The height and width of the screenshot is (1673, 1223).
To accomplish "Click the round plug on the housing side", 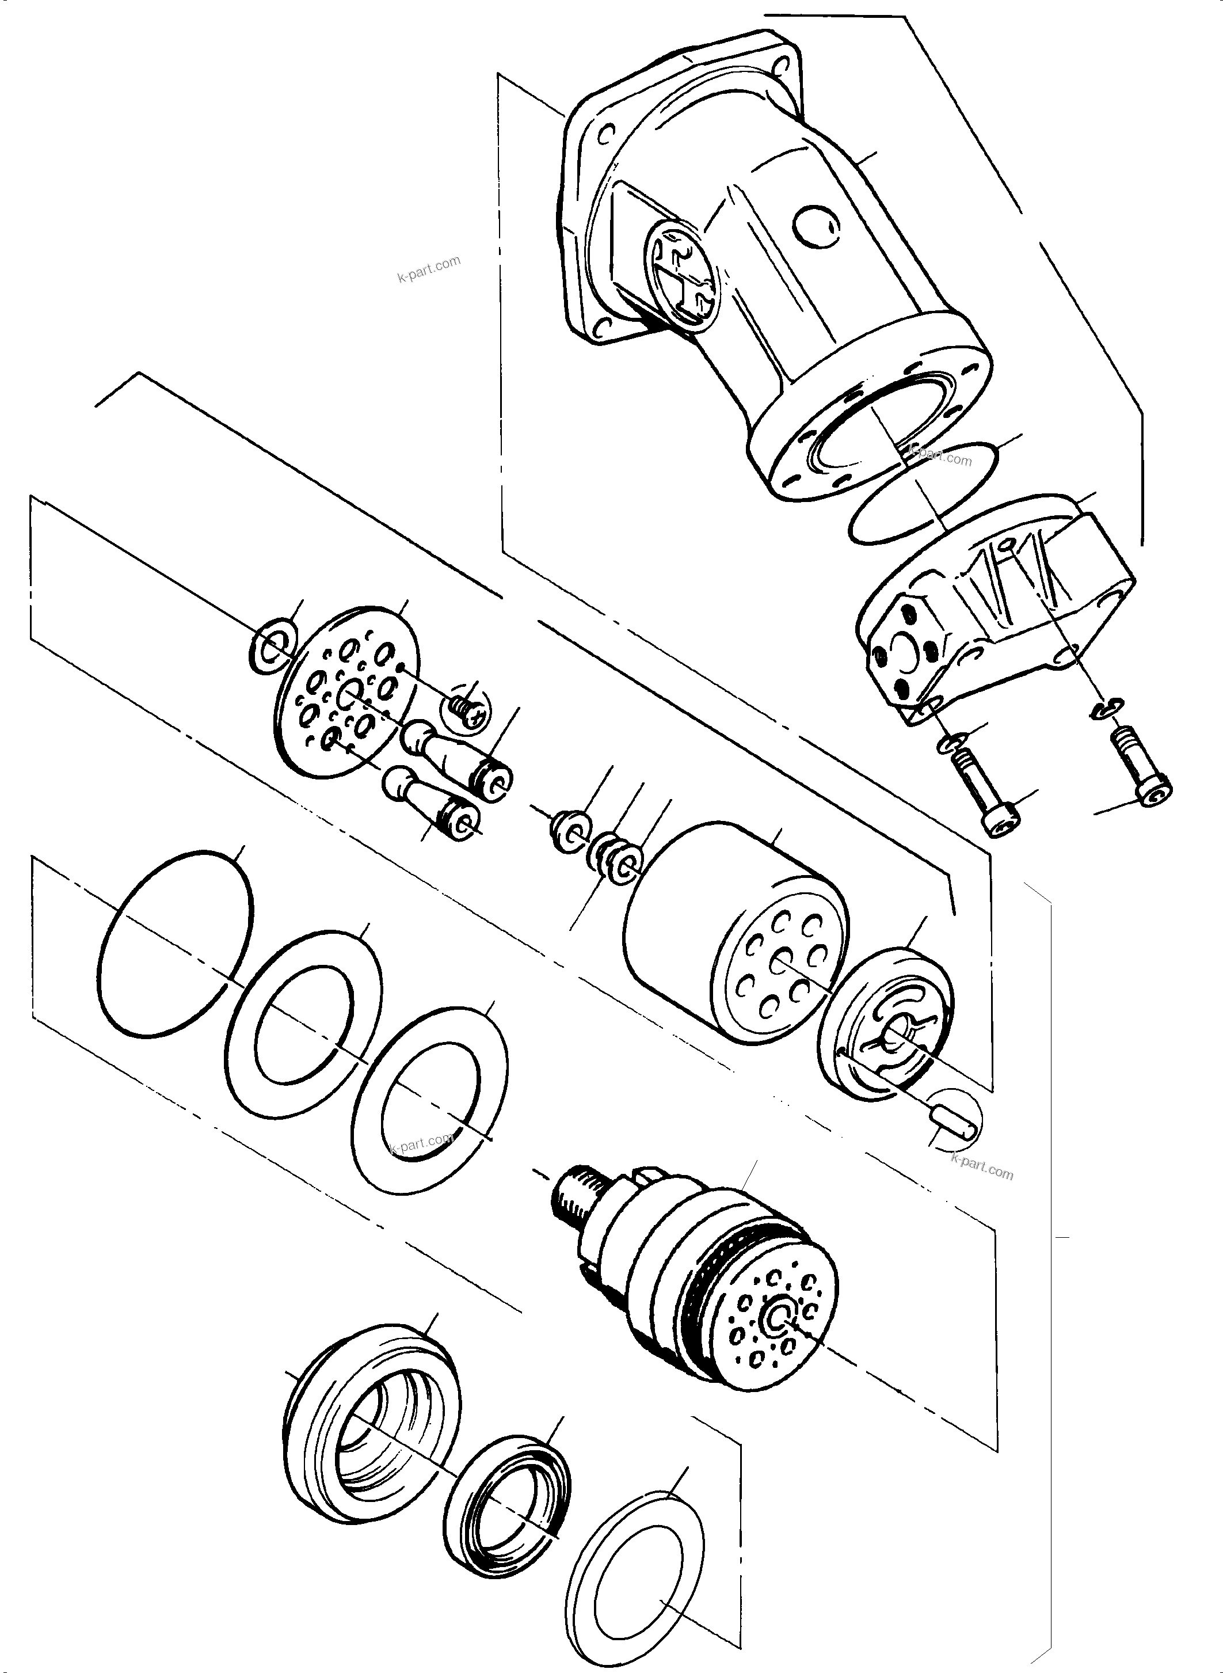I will pyautogui.click(x=816, y=227).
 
